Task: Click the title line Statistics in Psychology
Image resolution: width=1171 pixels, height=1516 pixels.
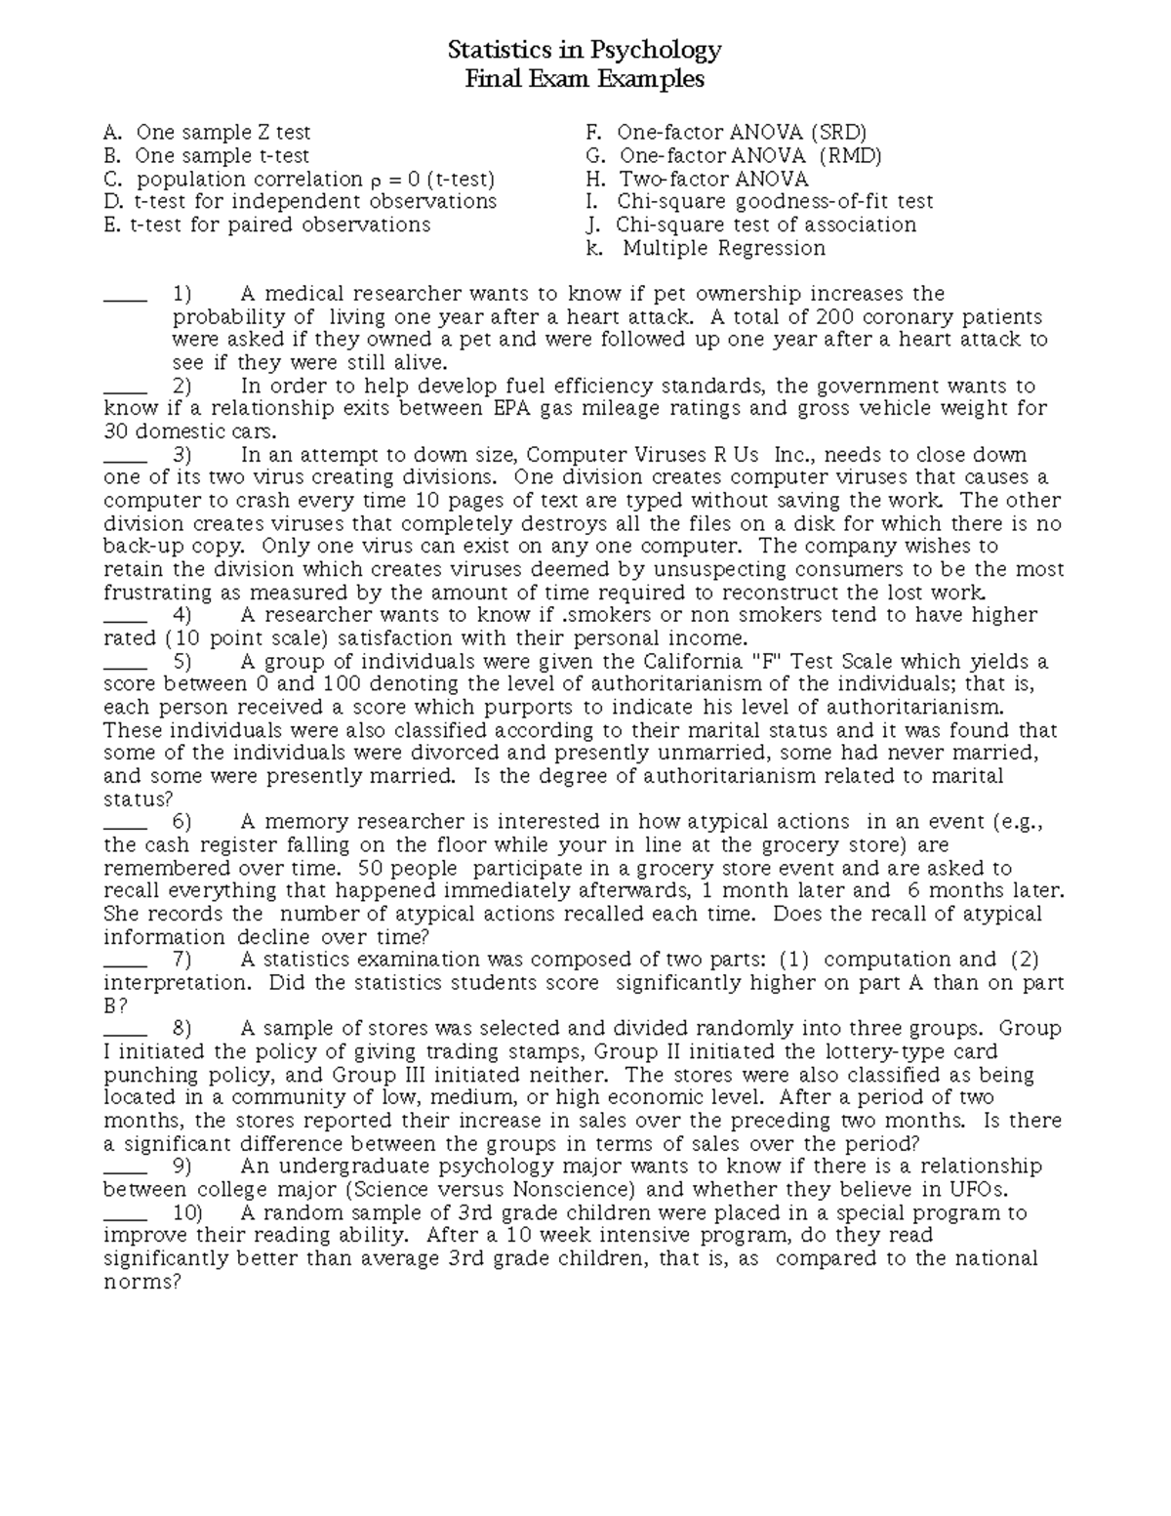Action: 584,50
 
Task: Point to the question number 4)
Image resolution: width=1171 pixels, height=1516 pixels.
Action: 182,616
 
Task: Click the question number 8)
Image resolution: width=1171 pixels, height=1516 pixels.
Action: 182,1029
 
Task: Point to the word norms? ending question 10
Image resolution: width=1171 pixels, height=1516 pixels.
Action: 142,1283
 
